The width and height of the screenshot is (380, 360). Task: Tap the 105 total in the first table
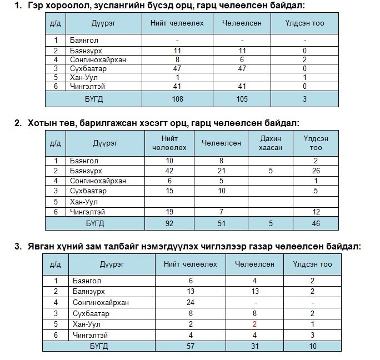coord(243,99)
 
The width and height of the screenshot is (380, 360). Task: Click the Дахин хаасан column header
coord(271,143)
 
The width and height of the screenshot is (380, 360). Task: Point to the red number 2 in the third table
coord(254,324)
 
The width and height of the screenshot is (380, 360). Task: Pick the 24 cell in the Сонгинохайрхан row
coord(191,303)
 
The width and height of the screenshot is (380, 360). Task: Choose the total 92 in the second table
coord(169,223)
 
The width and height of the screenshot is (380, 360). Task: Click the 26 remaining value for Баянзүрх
coord(316,171)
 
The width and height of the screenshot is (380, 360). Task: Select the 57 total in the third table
coord(191,346)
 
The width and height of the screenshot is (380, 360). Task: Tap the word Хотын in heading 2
coord(41,123)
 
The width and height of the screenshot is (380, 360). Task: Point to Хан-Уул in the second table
coord(84,201)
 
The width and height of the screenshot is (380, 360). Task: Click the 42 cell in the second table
coord(169,171)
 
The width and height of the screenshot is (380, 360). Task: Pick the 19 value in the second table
coord(169,212)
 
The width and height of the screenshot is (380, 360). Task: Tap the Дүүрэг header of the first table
coord(103,23)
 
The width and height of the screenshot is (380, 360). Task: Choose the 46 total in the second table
coord(316,223)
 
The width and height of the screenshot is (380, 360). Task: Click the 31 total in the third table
coord(254,346)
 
